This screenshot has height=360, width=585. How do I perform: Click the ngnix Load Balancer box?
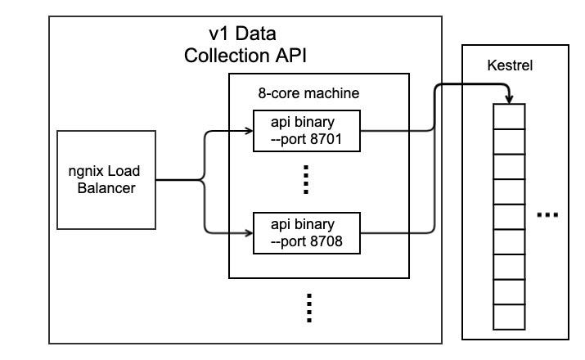point(106,179)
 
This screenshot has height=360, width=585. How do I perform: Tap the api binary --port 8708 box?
point(305,232)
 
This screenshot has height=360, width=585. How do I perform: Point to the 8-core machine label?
point(308,93)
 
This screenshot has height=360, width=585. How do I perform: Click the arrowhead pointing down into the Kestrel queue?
point(510,99)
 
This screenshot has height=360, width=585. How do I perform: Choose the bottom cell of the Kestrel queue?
point(510,316)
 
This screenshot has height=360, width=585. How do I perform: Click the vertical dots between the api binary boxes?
point(306,180)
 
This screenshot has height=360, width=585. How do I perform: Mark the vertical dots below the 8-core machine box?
point(309,308)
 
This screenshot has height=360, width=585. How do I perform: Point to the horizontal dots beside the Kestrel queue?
point(547,214)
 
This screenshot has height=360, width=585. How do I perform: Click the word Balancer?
point(106,187)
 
